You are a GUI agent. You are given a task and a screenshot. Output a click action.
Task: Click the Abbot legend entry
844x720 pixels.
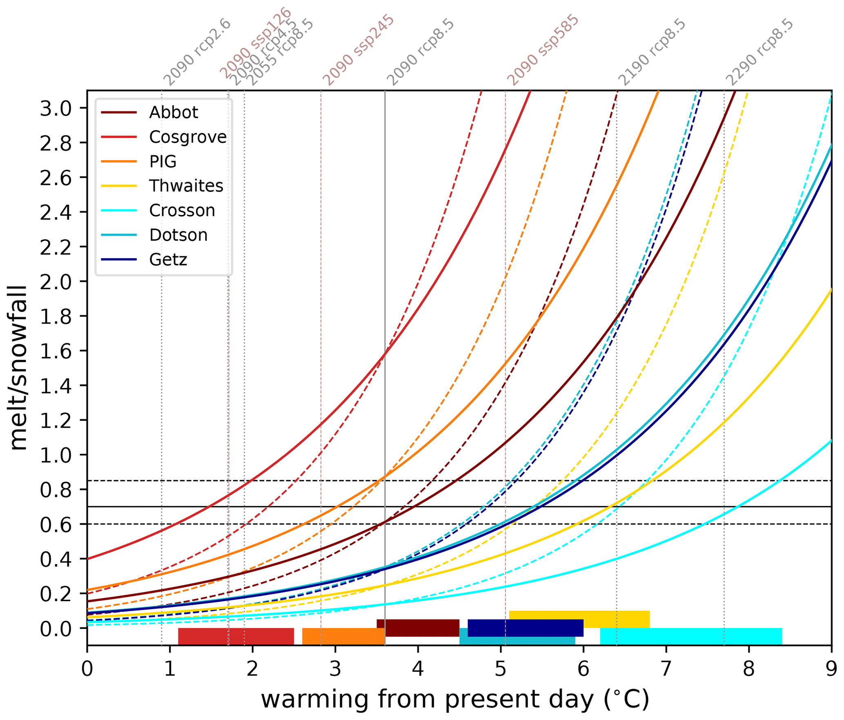173,112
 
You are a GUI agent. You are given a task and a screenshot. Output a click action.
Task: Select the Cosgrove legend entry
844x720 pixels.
187,137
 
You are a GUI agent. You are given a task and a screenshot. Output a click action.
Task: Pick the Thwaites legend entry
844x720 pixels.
186,186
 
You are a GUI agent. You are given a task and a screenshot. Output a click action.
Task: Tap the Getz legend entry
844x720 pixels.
168,260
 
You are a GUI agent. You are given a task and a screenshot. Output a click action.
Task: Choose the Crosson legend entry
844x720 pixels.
182,211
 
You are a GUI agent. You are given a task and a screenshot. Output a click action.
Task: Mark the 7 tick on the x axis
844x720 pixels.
666,670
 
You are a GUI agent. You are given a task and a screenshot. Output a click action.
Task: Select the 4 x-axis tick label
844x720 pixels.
418,670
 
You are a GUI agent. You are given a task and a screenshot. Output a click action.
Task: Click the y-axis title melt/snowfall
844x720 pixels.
18,368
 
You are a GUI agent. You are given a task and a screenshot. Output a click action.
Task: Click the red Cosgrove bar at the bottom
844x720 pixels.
236,636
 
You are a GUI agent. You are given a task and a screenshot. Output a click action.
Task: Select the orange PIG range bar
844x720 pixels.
343,636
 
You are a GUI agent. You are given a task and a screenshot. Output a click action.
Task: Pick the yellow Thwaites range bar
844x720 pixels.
579,619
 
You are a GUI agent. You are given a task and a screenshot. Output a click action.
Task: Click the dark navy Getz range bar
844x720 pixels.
525,628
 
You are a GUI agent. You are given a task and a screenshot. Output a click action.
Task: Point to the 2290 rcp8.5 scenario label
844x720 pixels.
760,52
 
